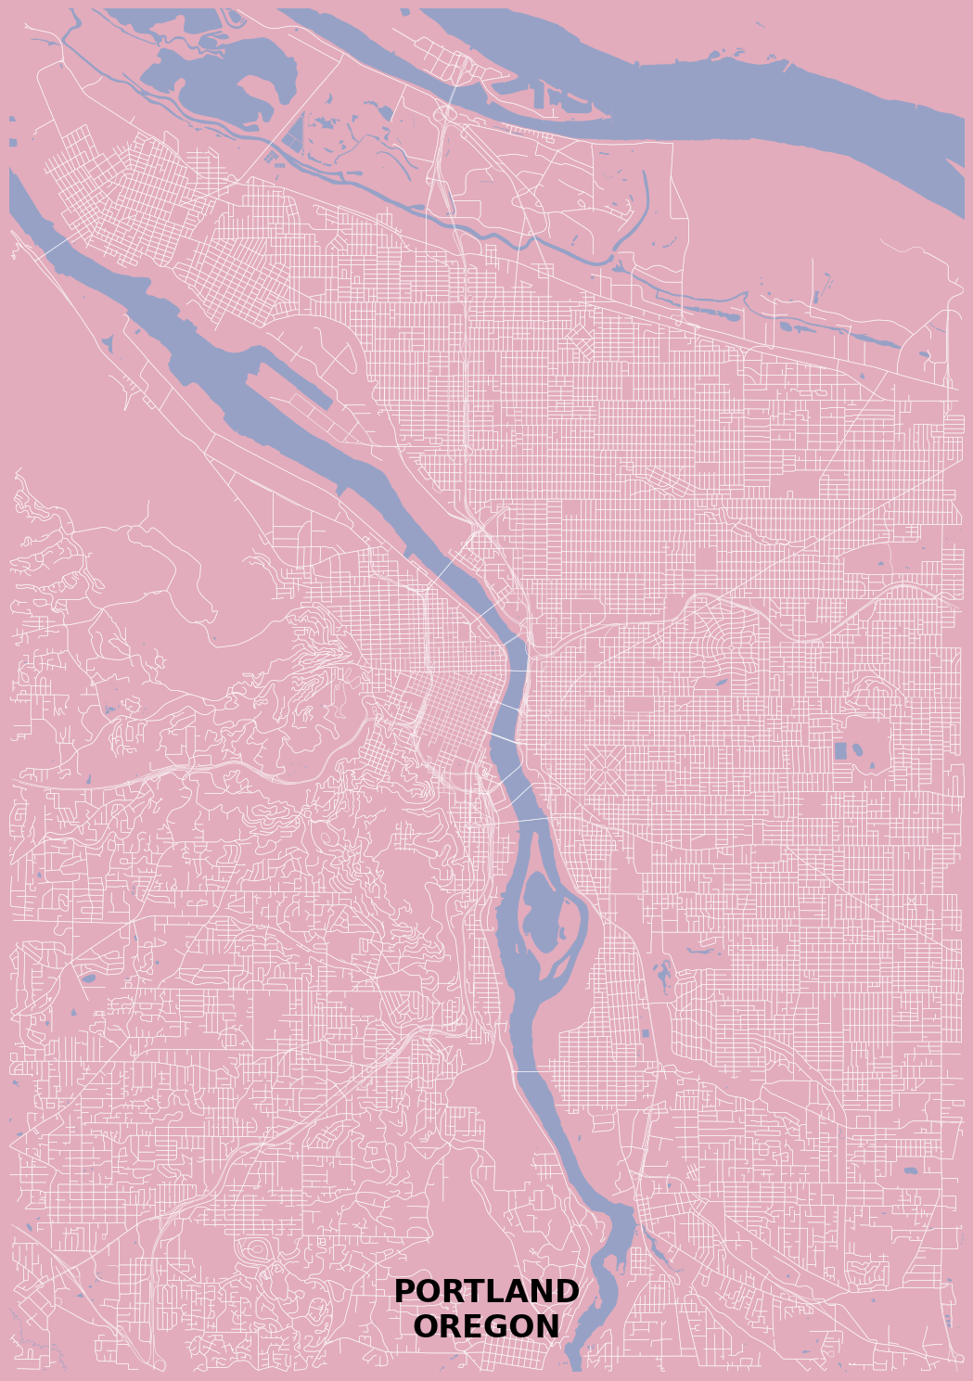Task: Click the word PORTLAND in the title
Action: pos(486,1291)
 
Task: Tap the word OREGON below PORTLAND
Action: pos(486,1326)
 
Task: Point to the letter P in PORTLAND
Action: pos(404,1291)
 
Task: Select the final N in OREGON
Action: pos(547,1326)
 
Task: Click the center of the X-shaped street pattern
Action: pos(604,769)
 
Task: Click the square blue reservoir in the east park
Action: pos(840,751)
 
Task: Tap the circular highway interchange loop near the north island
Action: pos(447,114)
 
